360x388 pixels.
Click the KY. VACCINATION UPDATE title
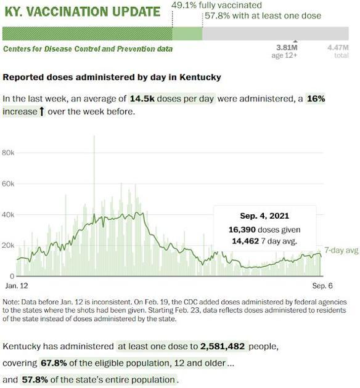click(83, 12)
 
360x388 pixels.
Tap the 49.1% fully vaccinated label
click(216, 5)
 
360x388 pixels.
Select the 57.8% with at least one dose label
click(263, 16)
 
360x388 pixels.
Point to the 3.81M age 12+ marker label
click(284, 51)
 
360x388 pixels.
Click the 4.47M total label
click(338, 51)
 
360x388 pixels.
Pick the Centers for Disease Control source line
click(88, 49)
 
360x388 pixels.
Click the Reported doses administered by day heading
click(112, 77)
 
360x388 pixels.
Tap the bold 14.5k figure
click(142, 99)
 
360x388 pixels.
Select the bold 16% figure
click(316, 99)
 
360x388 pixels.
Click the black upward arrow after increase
click(42, 111)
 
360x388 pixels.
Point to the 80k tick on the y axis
click(8, 153)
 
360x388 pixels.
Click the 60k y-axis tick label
click(8, 184)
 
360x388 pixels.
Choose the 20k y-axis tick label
click(8, 246)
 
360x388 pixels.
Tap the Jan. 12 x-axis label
click(17, 286)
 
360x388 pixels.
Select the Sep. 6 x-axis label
click(322, 286)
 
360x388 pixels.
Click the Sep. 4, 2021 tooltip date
click(264, 216)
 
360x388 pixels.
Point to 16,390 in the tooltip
click(242, 230)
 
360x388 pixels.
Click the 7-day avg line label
click(342, 250)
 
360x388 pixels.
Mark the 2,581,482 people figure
click(223, 346)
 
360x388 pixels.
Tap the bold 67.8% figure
click(54, 363)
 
